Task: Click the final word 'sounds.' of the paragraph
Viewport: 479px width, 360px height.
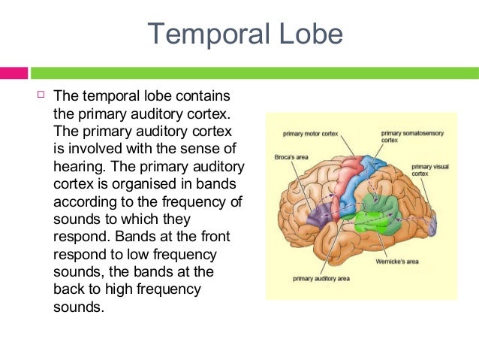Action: point(77,307)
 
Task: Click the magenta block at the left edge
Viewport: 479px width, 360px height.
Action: point(14,73)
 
